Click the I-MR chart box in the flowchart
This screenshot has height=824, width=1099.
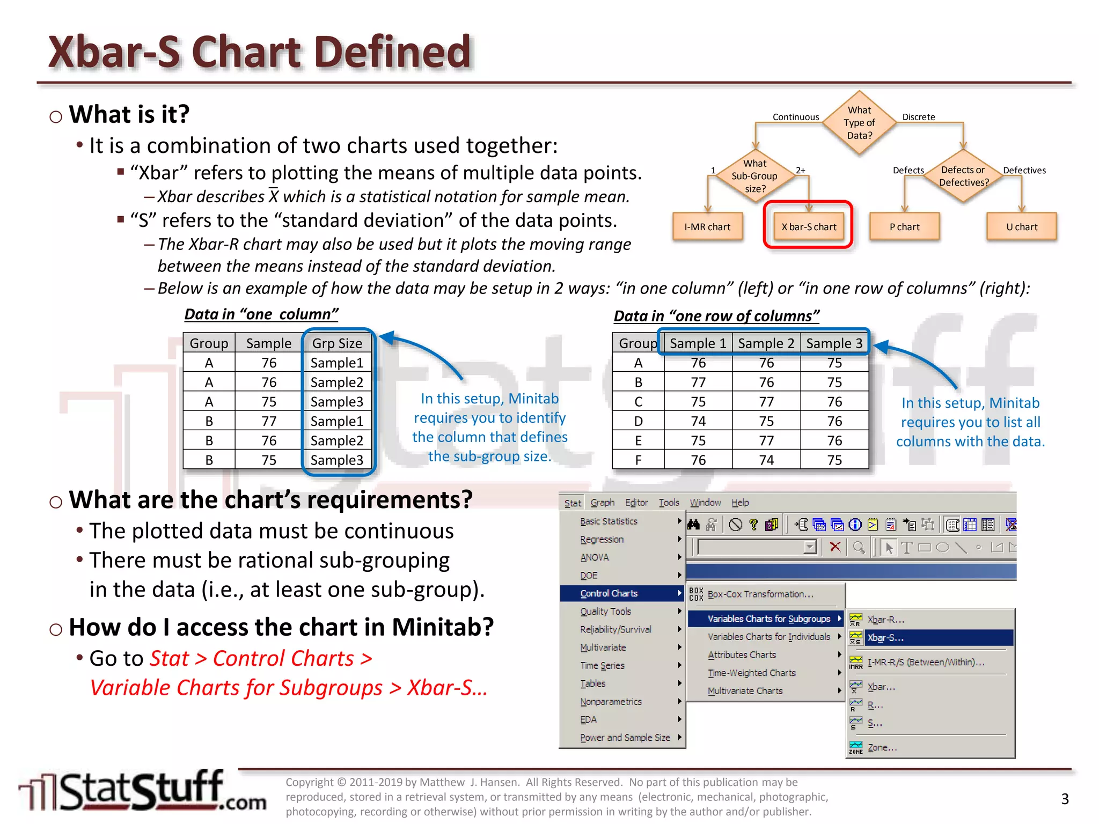707,227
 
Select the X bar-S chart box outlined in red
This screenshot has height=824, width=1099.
808,227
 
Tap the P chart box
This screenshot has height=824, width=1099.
904,227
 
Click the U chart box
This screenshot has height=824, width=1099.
1021,227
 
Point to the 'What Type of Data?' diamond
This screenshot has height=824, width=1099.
859,123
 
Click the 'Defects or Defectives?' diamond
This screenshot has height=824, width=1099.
963,176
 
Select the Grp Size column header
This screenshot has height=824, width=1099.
337,343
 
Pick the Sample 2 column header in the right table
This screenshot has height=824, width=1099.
766,343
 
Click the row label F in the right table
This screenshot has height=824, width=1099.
638,460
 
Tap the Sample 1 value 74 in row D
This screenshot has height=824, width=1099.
698,421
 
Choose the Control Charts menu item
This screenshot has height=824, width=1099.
609,593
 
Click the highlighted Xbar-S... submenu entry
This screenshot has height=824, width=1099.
885,638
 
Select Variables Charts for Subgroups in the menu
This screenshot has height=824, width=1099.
768,619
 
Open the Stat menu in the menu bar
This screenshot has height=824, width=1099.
572,503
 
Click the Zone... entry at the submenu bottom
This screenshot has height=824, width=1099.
882,747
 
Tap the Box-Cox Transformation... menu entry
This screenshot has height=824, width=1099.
760,594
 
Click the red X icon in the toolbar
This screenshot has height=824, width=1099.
835,547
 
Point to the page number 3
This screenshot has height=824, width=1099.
1065,799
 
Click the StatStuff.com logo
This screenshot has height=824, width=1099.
143,791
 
